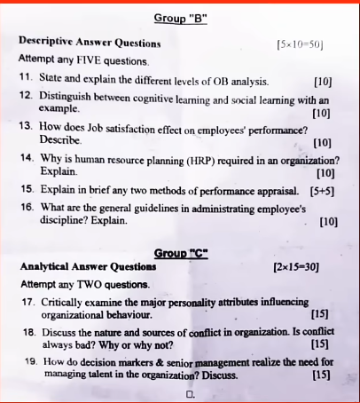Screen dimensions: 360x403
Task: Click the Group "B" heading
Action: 181,18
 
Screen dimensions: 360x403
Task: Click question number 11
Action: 26,79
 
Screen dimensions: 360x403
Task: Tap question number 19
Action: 27,362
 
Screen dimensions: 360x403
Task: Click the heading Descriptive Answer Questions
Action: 90,42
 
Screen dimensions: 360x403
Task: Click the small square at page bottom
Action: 190,391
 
